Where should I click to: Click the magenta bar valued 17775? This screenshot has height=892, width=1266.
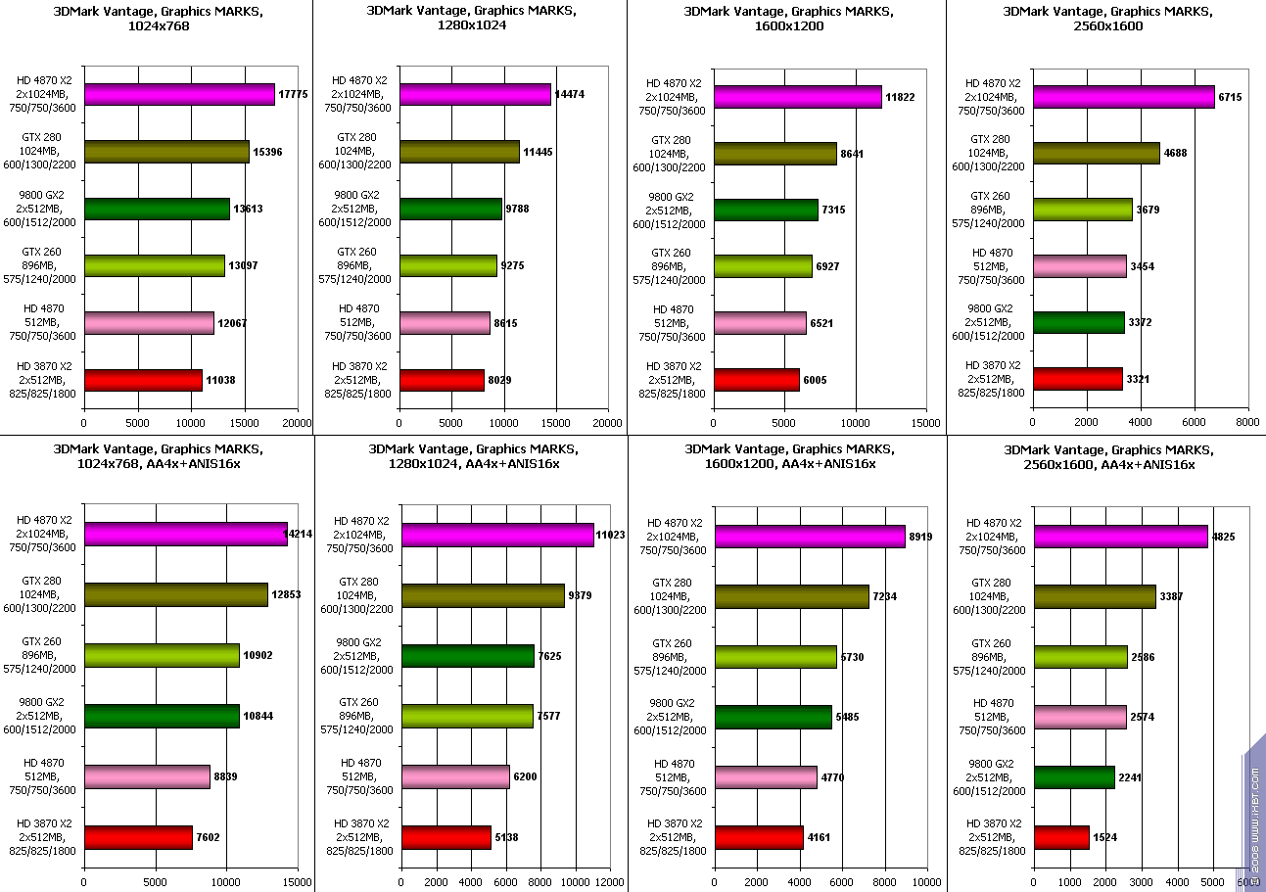[179, 94]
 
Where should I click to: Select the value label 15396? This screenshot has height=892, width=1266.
[268, 152]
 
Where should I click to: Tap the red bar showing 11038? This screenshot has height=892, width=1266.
[143, 380]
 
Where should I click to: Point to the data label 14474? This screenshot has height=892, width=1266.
[571, 94]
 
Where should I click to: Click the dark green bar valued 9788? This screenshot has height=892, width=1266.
[450, 209]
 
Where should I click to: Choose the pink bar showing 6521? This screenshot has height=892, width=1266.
[760, 323]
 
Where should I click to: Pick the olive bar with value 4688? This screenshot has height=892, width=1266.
[1096, 153]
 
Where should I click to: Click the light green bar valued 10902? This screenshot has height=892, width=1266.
[162, 655]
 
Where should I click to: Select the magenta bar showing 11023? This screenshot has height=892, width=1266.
[497, 535]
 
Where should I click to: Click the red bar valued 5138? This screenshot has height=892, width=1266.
[446, 837]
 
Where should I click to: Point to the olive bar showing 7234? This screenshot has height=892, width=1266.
[791, 596]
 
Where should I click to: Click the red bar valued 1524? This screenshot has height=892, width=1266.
[1061, 837]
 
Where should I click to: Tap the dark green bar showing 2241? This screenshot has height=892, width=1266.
[1074, 777]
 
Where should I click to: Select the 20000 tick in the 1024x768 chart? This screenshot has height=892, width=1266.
[298, 423]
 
